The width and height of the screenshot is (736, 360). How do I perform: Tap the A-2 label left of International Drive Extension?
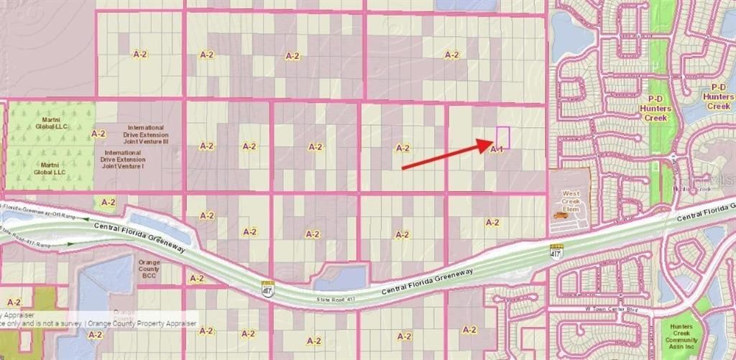[x=98, y=134]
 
